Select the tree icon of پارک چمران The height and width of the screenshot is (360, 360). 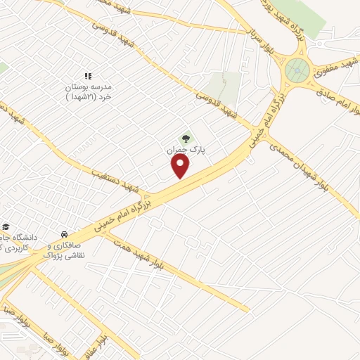click(x=186, y=139)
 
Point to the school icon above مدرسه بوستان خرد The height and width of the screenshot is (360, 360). click(x=88, y=76)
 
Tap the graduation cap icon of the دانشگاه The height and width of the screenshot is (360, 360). click(x=6, y=226)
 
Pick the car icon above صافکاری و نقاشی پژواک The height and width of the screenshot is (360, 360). click(x=63, y=233)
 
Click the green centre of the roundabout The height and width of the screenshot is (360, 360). click(x=296, y=70)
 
